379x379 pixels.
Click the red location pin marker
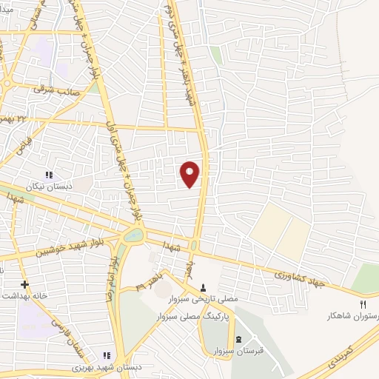click(x=190, y=174)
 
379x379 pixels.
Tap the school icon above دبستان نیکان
click(x=48, y=175)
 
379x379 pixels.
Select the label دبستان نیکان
click(x=48, y=187)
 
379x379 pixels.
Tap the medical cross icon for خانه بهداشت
click(x=25, y=284)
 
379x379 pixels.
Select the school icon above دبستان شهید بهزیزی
click(x=106, y=356)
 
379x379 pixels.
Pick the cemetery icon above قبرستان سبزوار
click(x=227, y=338)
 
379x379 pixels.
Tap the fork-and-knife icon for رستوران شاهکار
click(x=363, y=303)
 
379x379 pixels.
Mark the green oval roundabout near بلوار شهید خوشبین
click(x=134, y=236)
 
